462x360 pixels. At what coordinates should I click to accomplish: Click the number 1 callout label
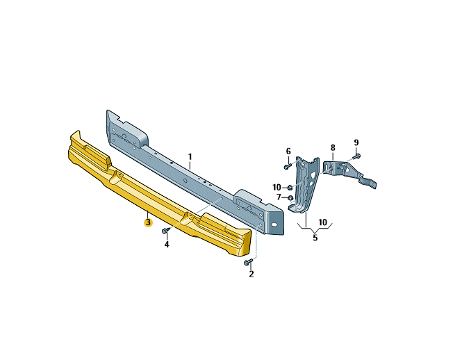click(190, 156)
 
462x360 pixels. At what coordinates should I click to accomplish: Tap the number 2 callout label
click(251, 274)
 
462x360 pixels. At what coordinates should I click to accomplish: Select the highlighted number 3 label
click(148, 222)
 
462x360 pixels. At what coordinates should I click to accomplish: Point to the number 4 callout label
click(167, 244)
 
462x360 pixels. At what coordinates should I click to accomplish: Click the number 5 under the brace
click(315, 238)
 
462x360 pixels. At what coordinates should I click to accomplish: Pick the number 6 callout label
click(288, 152)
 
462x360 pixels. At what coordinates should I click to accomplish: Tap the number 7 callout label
click(279, 197)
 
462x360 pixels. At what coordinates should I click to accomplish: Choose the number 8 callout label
click(333, 147)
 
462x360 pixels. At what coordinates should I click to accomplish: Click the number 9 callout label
click(356, 142)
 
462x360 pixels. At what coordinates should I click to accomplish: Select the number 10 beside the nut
click(277, 187)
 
